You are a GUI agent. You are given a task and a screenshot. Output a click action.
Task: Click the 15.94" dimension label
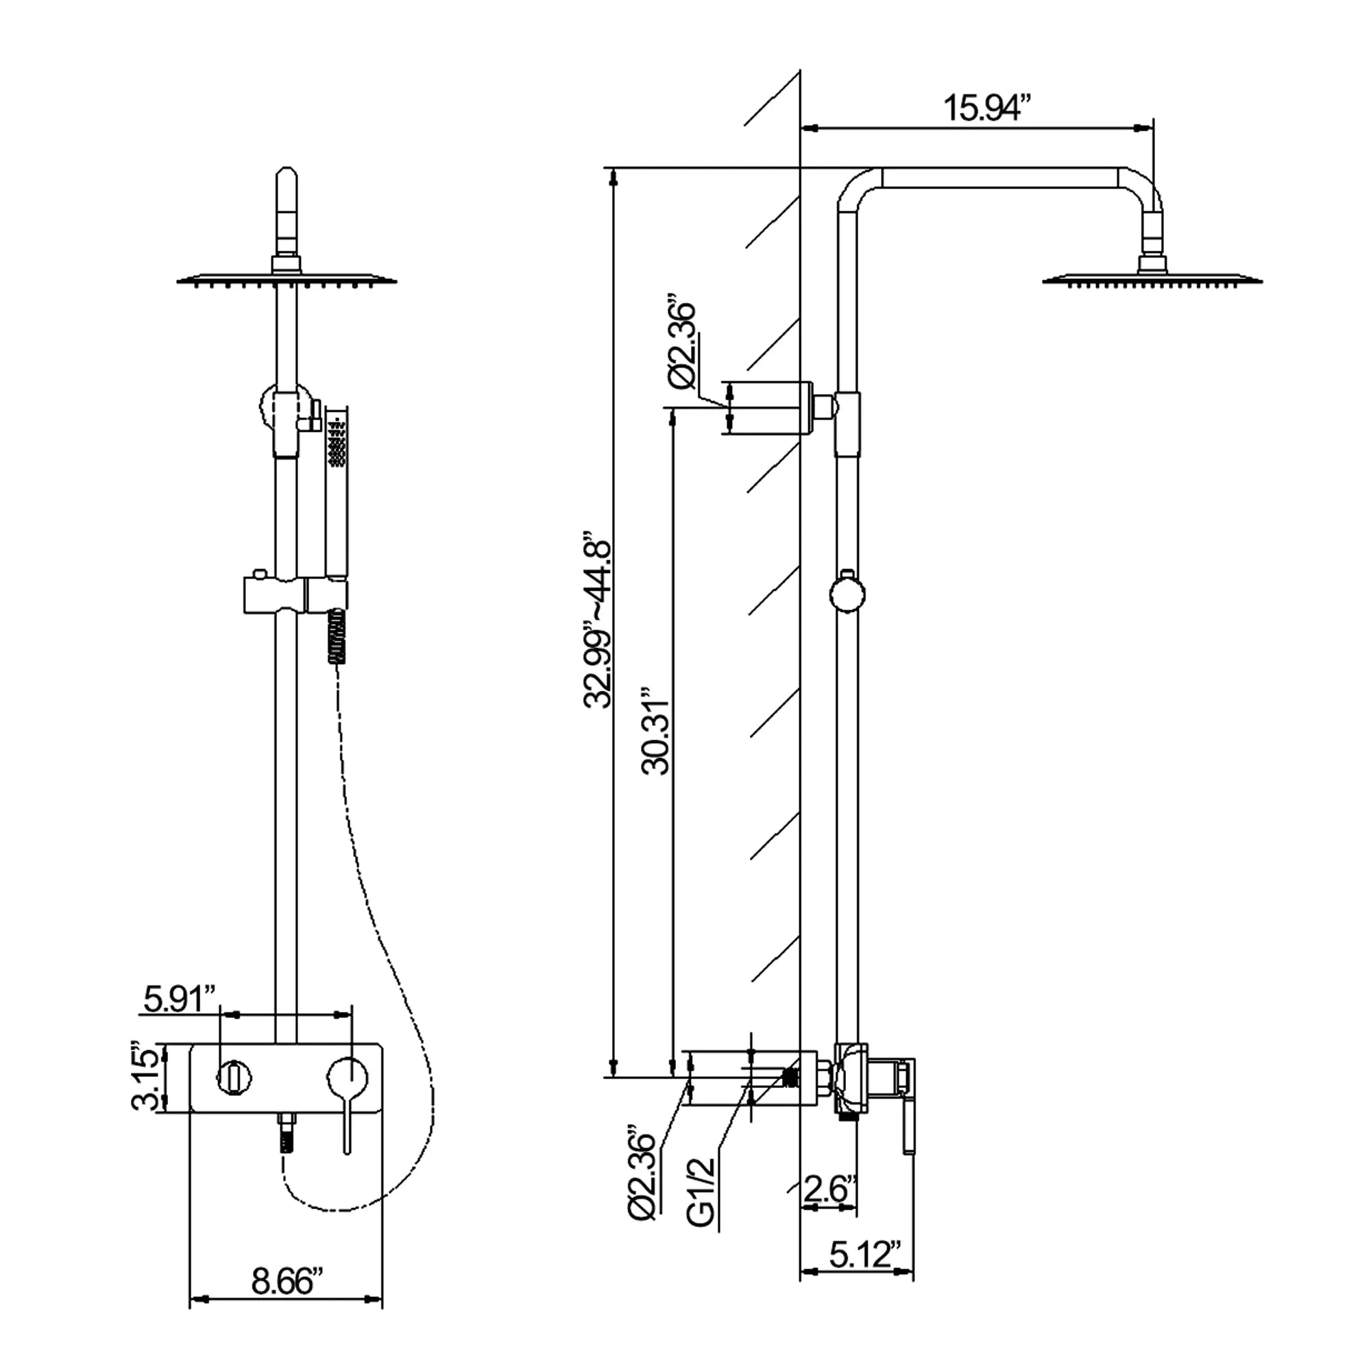click(986, 108)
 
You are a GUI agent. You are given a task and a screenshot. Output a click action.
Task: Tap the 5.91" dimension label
click(180, 999)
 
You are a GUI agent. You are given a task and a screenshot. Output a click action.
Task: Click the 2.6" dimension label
click(829, 1189)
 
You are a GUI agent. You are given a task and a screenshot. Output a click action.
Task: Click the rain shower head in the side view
click(1152, 279)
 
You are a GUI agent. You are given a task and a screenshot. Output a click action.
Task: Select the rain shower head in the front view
click(286, 279)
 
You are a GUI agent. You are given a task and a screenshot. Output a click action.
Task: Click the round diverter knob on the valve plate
click(234, 1078)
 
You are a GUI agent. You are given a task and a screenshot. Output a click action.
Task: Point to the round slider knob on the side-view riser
click(847, 594)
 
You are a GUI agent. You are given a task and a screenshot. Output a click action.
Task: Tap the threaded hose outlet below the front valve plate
click(287, 1135)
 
